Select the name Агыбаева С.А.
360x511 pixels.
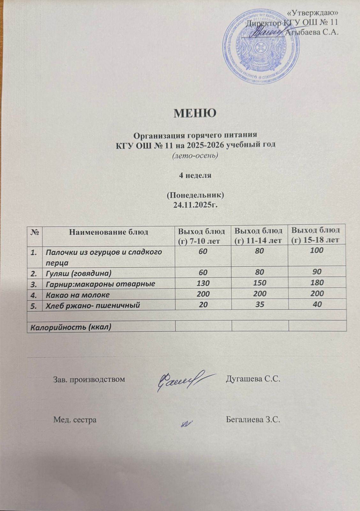[312, 32]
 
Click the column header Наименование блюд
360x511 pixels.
[109, 232]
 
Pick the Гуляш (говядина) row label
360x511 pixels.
[79, 273]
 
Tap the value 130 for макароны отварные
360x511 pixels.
[203, 283]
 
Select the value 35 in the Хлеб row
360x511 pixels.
[260, 305]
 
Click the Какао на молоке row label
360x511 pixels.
[78, 294]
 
